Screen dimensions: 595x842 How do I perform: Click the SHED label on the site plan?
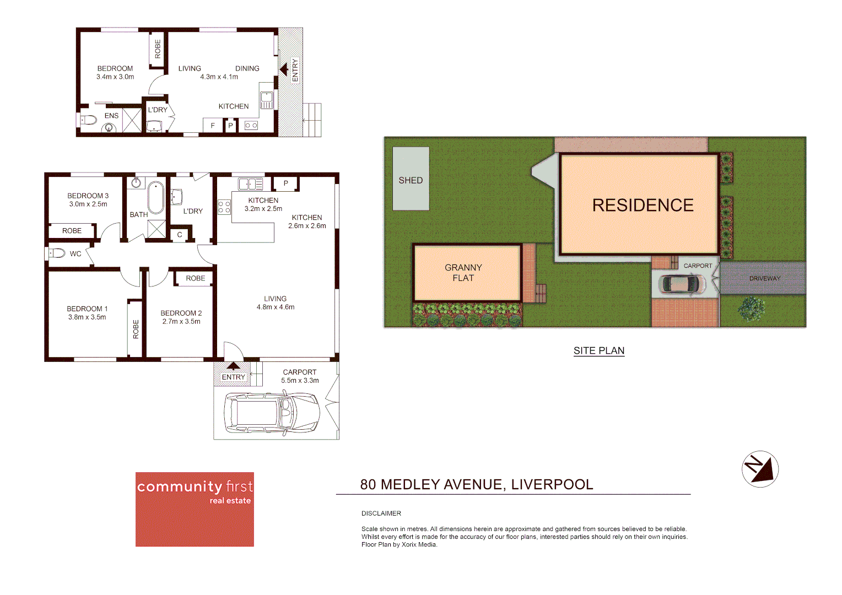411,180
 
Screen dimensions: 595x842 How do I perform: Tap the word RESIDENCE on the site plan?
643,205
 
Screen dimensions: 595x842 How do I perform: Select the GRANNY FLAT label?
463,273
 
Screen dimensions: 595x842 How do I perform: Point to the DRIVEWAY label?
764,278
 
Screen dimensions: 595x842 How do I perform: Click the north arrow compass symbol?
760,469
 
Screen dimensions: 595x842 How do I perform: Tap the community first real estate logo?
195,509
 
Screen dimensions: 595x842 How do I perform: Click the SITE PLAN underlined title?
598,351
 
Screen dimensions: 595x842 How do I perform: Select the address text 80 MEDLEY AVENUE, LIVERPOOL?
476,484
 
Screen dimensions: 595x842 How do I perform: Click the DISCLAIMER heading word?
381,513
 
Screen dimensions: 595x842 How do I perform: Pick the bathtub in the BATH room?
156,197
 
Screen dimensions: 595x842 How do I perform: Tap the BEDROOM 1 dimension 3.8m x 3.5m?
87,317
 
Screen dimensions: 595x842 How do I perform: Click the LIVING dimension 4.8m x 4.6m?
275,307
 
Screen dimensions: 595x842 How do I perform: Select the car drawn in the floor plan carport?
272,413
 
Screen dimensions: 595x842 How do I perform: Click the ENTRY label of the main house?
233,377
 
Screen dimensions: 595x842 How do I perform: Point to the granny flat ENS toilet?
88,119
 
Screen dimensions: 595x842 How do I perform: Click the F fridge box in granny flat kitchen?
213,126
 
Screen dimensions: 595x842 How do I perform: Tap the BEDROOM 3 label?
88,196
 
